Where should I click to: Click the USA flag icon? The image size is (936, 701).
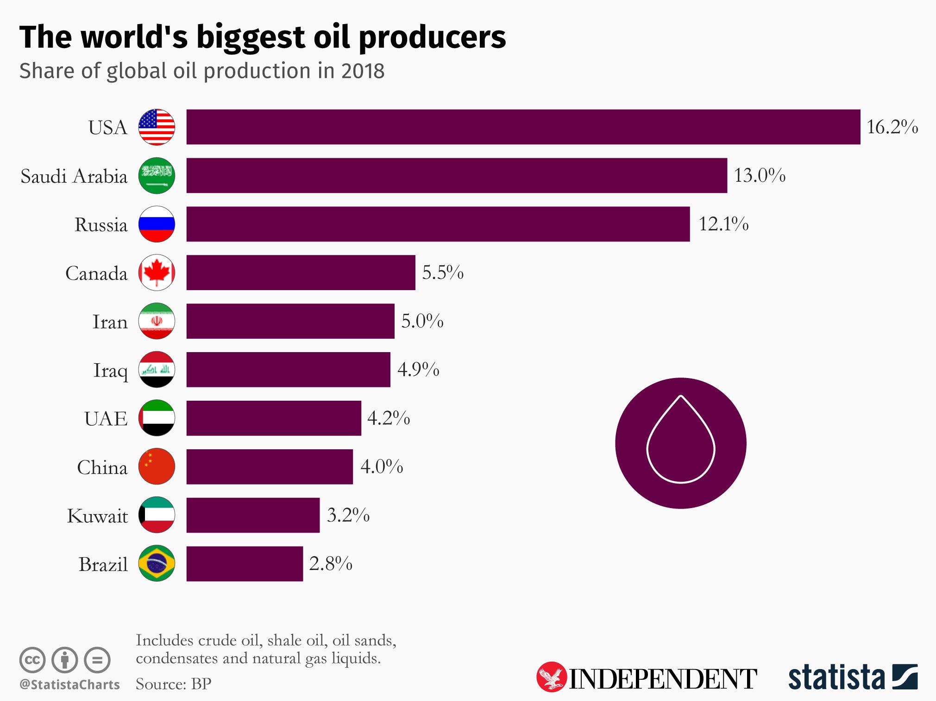pos(157,127)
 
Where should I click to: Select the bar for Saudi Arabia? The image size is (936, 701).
pos(456,175)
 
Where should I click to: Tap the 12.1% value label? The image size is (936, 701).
pos(723,224)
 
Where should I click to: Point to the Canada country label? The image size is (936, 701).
pos(96,273)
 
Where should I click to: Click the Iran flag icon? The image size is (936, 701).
pos(157,321)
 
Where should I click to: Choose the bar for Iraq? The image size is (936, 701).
pos(288,369)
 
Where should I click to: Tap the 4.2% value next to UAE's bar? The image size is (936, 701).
pos(388,418)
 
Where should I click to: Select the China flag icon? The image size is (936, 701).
pos(157,466)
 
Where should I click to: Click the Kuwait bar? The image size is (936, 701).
pos(253,515)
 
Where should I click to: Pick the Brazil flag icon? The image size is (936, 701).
pos(157,563)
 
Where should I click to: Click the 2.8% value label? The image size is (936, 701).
pos(330,564)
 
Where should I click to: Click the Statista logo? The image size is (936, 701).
pos(853,677)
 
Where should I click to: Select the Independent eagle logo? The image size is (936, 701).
pos(551,677)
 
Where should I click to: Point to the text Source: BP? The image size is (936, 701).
pos(173,683)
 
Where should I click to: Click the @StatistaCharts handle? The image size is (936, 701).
pos(69,684)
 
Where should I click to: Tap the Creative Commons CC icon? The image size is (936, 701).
pos(32,660)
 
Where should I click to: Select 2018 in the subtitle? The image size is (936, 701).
pos(363,71)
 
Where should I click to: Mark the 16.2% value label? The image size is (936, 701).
pos(892,127)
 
